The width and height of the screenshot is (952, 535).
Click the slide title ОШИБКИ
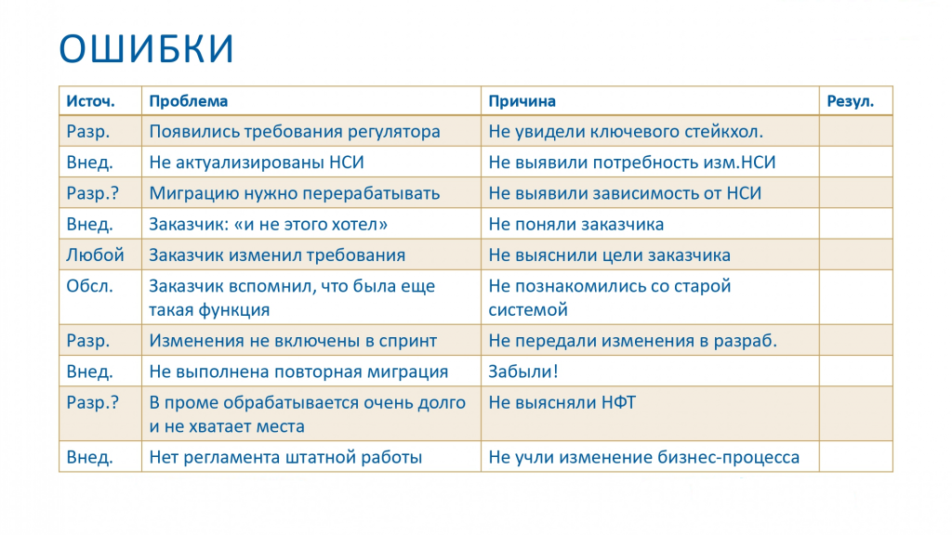coord(146,48)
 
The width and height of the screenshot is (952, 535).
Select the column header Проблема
coord(188,101)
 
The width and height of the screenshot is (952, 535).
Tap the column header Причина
coord(522,101)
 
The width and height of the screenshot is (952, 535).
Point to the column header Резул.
coord(850,101)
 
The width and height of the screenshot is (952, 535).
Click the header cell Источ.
coord(90,101)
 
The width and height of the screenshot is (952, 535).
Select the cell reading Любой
coord(96,254)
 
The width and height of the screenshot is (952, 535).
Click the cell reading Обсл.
coord(90,286)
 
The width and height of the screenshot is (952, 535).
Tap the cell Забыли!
coord(523,372)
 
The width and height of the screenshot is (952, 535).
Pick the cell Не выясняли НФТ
coord(562,402)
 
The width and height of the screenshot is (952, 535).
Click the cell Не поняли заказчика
coord(576,225)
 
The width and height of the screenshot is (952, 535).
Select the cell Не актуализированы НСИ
coord(257,163)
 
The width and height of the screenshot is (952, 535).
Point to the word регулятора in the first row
coord(393,132)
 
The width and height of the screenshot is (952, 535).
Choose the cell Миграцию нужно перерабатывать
coord(295,193)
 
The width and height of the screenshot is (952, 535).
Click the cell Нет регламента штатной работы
coord(285,457)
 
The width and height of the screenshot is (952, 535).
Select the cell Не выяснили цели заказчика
coord(610,255)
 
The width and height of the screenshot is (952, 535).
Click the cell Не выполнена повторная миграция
coord(298,372)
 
